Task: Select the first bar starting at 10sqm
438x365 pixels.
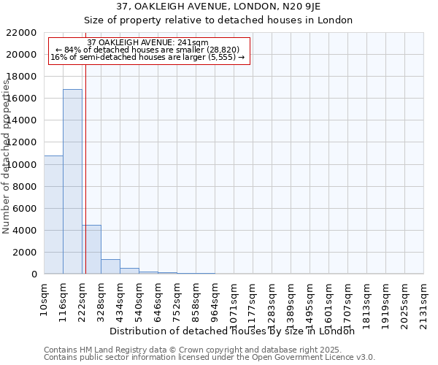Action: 53,215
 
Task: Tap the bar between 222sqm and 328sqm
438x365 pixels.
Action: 91,249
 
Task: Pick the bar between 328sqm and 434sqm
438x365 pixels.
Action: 110,266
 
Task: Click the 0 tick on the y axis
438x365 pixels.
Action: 34,274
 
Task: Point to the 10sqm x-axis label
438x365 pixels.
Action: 45,296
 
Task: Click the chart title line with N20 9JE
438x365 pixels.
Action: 218,7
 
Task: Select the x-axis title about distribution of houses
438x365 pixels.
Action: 237,331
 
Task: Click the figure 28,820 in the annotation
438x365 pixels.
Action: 222,49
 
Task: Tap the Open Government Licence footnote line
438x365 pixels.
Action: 210,357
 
